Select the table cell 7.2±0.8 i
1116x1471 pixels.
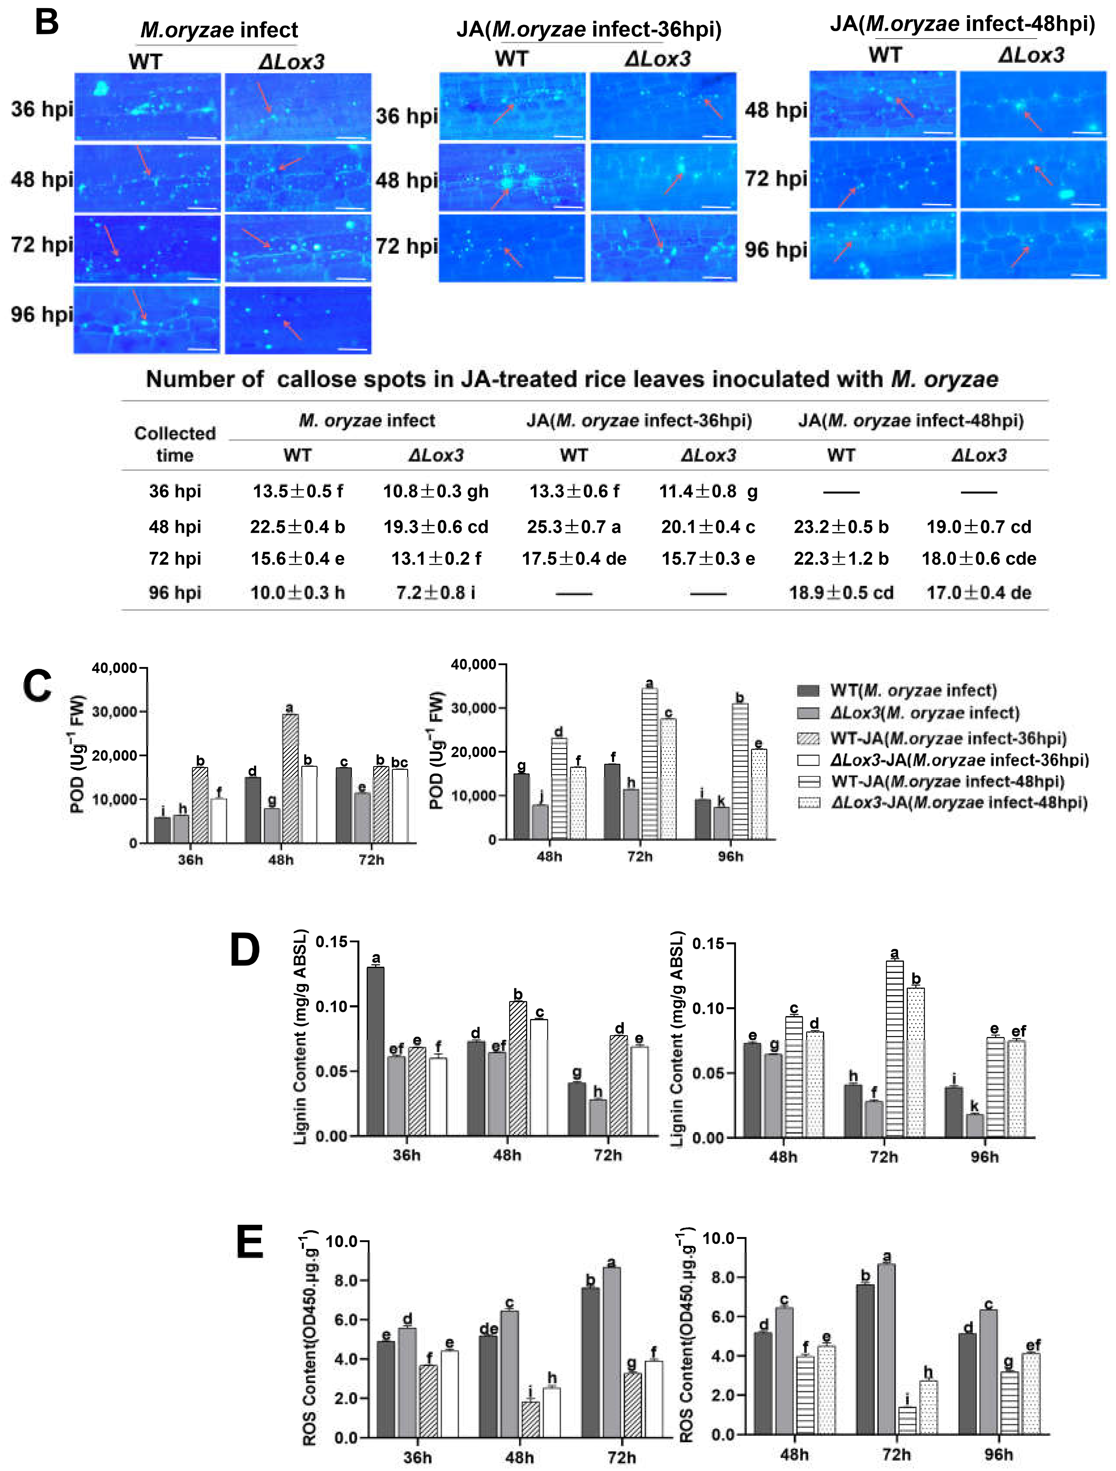(x=436, y=593)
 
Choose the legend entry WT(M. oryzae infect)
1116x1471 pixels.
(x=912, y=690)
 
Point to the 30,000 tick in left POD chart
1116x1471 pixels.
(x=114, y=711)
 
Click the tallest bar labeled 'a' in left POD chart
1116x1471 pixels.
(x=290, y=778)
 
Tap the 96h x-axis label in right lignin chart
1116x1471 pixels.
(x=984, y=1157)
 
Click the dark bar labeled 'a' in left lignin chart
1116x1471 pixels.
(x=376, y=1051)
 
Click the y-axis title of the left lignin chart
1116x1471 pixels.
(x=301, y=1037)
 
